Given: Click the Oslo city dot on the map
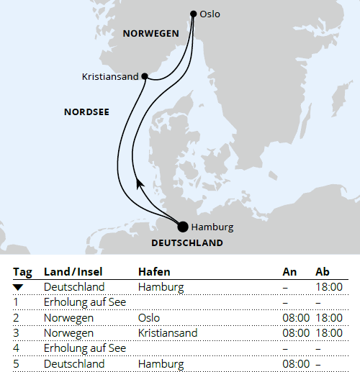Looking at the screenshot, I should [193, 13].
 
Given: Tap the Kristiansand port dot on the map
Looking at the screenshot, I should [145, 76].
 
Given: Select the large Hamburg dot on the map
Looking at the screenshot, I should [183, 227].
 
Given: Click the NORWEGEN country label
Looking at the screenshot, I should [150, 33].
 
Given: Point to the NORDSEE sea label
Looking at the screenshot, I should [86, 112].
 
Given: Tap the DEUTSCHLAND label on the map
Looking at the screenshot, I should [187, 243].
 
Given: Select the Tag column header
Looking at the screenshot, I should [22, 273].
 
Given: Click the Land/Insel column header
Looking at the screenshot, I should [73, 273].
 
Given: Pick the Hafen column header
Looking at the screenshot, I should [154, 273].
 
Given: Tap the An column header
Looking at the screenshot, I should [289, 273].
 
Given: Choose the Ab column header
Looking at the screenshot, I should [323, 273].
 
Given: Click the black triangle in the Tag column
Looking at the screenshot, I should [19, 288].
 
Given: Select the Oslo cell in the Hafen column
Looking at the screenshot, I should [149, 317].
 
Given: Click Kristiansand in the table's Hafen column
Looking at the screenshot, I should [167, 333].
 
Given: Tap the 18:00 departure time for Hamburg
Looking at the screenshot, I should [328, 287].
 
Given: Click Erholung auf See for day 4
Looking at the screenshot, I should [85, 348].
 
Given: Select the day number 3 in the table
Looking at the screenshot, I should [16, 333].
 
